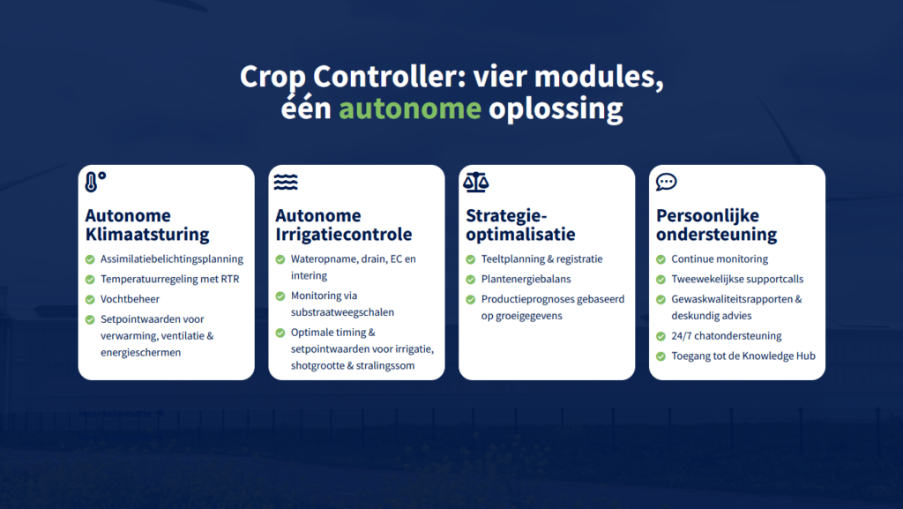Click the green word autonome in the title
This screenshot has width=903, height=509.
coord(409,109)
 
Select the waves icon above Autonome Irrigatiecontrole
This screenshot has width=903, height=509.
coord(286,182)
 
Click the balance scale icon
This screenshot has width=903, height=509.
coord(475,182)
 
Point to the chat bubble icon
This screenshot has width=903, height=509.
coord(667,182)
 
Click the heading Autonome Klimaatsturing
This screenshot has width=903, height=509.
coord(147,225)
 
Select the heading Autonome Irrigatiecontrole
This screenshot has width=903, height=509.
coord(343,225)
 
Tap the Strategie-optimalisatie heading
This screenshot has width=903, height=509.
coord(520,225)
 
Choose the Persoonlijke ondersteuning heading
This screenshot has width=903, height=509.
coord(716,225)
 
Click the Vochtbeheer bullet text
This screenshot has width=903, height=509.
coord(131,299)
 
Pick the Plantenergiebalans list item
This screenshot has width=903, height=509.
coord(526,280)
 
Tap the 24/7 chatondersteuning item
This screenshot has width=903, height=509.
coord(727,336)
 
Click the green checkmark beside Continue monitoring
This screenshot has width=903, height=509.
coord(660,259)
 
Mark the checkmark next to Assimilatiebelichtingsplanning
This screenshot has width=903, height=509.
coord(90,259)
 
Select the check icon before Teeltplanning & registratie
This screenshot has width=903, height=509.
coord(471,259)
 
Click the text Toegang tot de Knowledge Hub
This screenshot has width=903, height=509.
coord(743,356)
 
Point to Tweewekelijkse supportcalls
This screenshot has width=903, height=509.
coord(737,280)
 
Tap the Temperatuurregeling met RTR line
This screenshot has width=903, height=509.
coord(169,280)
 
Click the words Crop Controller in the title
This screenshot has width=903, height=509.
coord(348,77)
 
